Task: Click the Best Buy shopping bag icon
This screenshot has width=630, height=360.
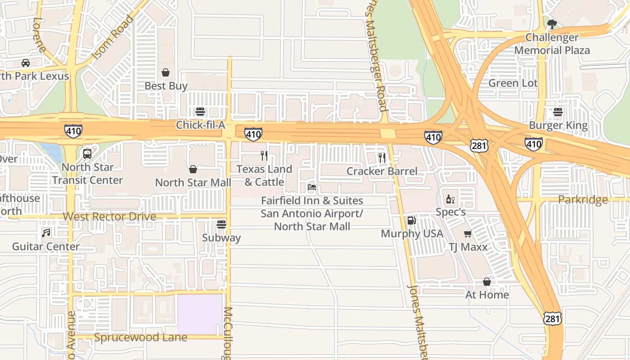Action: (166, 72)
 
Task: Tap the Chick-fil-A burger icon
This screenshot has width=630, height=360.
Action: (200, 112)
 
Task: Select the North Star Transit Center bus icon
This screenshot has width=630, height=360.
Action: (87, 154)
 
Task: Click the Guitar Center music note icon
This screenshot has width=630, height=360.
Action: (46, 233)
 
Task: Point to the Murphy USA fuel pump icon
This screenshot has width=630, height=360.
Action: (411, 220)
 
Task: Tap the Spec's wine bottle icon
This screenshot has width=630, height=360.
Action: (450, 199)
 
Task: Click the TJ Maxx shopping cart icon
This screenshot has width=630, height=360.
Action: (468, 234)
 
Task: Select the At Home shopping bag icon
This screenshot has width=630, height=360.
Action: (487, 282)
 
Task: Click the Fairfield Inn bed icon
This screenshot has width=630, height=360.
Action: (312, 187)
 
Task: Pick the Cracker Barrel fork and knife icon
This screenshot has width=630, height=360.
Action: (382, 157)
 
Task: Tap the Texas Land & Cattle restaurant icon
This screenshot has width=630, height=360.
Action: (264, 156)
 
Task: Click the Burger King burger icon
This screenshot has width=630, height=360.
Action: (558, 112)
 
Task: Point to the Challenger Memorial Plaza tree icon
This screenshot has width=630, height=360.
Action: (552, 24)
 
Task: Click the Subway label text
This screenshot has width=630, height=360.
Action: (221, 238)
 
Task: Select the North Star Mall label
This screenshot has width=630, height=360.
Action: (193, 182)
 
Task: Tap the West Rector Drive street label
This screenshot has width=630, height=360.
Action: (109, 216)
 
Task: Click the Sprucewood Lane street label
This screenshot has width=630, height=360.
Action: (140, 337)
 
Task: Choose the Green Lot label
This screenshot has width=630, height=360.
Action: (513, 83)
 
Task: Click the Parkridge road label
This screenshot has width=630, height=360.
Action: (583, 199)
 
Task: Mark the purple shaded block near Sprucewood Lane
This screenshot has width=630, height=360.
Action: (200, 314)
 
